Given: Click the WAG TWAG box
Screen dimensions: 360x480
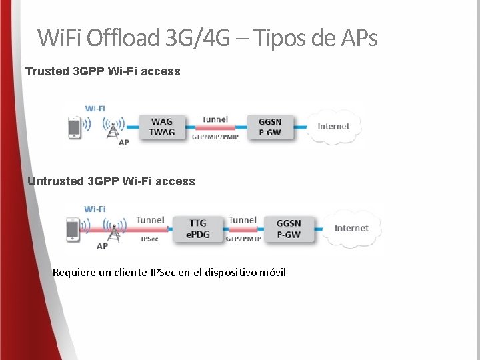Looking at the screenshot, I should point(162,127).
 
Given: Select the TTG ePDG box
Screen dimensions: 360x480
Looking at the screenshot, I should point(198,229).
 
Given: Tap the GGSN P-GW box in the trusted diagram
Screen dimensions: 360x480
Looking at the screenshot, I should point(269,127).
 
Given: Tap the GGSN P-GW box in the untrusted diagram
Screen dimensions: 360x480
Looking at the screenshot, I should point(289,229).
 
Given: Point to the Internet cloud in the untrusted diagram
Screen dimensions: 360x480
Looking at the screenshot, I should point(351,228).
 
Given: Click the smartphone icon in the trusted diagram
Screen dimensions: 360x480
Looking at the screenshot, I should point(75,127).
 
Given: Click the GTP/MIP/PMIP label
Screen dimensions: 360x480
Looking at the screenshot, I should point(215,137).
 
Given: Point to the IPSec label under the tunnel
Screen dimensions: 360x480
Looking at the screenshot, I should point(150,239).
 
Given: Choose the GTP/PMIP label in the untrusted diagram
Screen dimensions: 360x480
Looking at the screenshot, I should point(243,239).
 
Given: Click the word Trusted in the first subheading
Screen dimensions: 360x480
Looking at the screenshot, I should point(46,71).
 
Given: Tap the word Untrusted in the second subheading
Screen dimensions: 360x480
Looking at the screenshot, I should point(55,181).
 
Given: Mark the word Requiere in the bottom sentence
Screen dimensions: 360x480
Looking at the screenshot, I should point(73,272).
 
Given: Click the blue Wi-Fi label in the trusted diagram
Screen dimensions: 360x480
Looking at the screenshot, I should point(95,108).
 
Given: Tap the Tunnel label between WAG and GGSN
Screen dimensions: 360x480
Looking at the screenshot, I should point(215,119).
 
